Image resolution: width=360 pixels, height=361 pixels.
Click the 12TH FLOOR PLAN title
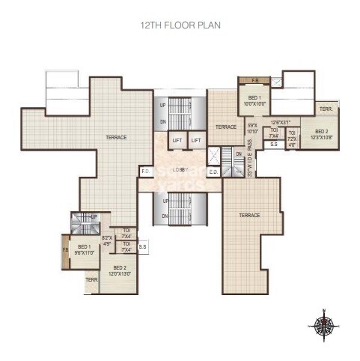coord(180,25)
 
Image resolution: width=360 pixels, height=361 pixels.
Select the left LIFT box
coord(177,140)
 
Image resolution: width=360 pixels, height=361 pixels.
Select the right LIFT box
coord(196,140)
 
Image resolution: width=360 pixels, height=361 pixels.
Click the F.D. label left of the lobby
coord(145,172)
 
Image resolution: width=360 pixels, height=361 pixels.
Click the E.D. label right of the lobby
coord(213,172)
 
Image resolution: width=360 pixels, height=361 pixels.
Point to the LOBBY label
coord(179,170)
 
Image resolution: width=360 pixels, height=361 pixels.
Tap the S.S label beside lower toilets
coord(143,245)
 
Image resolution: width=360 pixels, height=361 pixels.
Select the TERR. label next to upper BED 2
coord(326,109)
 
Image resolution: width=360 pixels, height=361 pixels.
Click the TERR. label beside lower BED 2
coord(91,280)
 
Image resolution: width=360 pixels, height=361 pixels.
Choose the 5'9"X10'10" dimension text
coord(252,128)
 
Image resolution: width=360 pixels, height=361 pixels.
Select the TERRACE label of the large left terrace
coord(116,137)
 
